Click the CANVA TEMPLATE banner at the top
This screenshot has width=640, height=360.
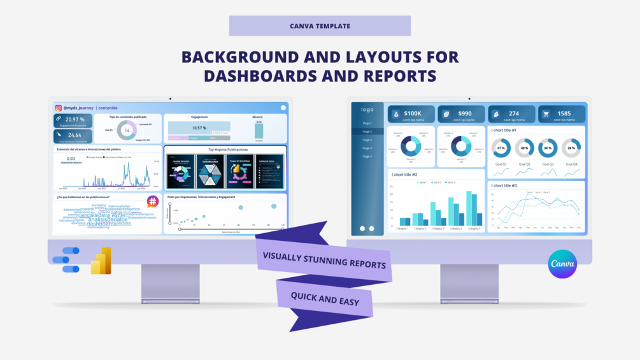click(x=320, y=26)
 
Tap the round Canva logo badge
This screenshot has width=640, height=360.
click(x=562, y=264)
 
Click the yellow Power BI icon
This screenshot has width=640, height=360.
click(x=101, y=261)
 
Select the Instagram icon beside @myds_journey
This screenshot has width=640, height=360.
click(x=58, y=108)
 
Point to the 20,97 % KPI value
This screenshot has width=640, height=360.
click(x=75, y=119)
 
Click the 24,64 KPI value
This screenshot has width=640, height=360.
click(x=75, y=135)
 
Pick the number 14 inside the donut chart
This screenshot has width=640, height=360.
click(x=127, y=131)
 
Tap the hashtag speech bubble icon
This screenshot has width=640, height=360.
click(x=152, y=201)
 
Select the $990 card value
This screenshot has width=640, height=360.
click(x=464, y=113)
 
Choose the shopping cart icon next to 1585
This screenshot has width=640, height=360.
click(x=546, y=115)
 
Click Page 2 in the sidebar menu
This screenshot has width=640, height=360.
click(x=367, y=131)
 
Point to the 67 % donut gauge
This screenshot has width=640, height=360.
click(x=501, y=148)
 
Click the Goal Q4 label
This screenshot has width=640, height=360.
click(x=571, y=164)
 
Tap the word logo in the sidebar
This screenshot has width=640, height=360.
click(x=367, y=110)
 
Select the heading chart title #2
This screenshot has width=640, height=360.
click(x=405, y=174)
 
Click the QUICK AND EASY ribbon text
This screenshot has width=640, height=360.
click(x=325, y=298)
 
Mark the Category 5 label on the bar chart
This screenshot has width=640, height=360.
click(x=474, y=227)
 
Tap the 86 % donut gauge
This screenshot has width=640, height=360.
click(x=548, y=148)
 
